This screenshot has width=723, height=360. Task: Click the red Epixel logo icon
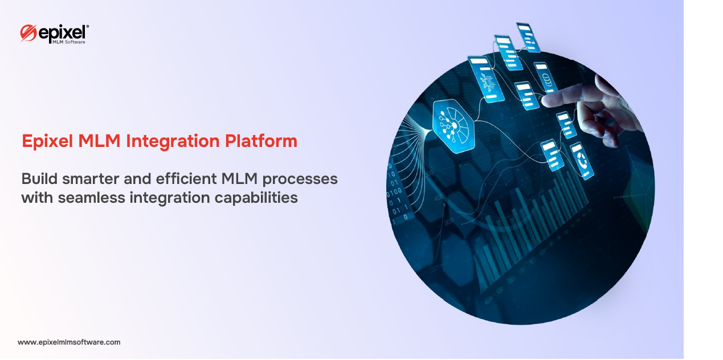[28, 33]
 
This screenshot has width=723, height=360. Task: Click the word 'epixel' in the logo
[63, 32]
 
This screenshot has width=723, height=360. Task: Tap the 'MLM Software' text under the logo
[69, 42]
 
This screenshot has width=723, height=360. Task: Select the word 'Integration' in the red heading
[173, 141]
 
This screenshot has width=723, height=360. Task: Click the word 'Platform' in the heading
[261, 141]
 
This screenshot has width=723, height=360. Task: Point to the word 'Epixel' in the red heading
[47, 141]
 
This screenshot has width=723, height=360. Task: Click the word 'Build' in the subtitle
[39, 179]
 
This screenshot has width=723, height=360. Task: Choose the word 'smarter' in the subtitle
[91, 179]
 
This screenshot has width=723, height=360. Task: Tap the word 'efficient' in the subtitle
[186, 179]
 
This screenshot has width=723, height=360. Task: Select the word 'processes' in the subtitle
[300, 180]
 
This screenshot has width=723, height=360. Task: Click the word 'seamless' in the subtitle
[91, 198]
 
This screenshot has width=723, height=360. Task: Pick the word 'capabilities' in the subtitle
[256, 198]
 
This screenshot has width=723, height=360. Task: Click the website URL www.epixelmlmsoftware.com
[69, 342]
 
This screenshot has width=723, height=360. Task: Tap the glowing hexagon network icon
[454, 125]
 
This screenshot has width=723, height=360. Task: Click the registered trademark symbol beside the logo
[88, 26]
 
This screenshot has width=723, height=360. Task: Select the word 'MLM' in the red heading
[99, 141]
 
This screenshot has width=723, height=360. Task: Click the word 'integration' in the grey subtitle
[170, 198]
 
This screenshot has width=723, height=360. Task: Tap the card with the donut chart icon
[582, 160]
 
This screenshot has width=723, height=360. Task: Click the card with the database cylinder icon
[545, 77]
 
